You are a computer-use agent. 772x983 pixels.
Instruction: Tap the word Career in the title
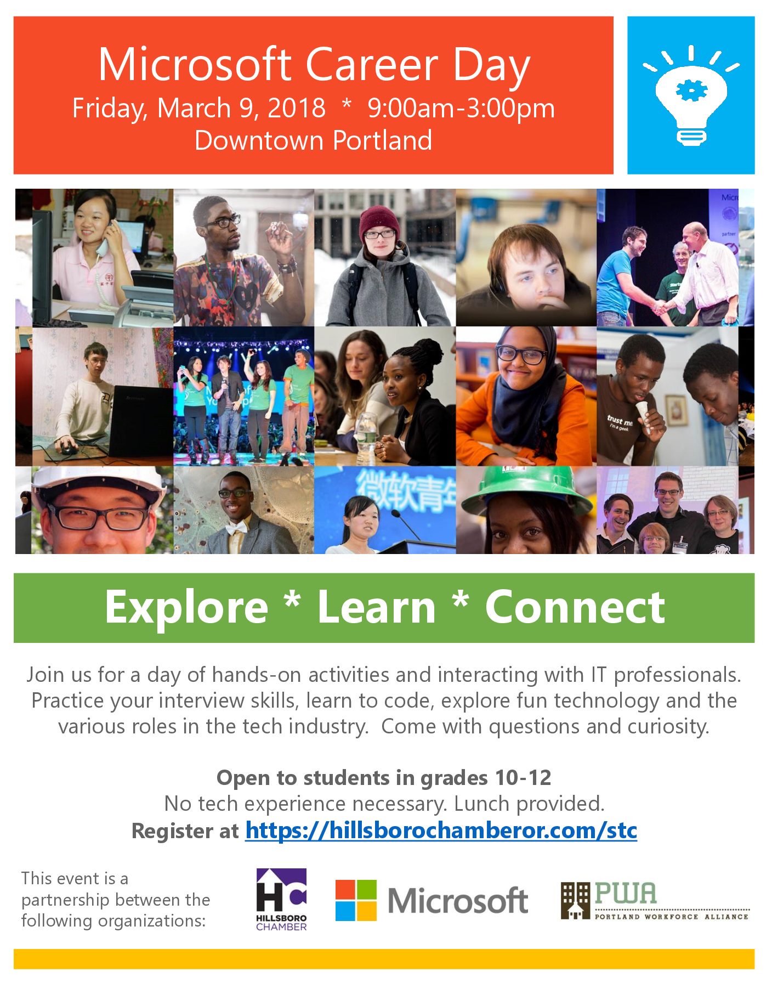coord(372,65)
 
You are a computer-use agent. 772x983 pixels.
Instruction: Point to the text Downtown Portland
coord(313,140)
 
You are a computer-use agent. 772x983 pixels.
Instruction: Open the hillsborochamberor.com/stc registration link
coord(441,830)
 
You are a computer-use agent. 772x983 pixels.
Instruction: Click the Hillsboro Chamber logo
coord(281,900)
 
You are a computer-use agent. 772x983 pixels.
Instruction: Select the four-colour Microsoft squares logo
coord(356,900)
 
